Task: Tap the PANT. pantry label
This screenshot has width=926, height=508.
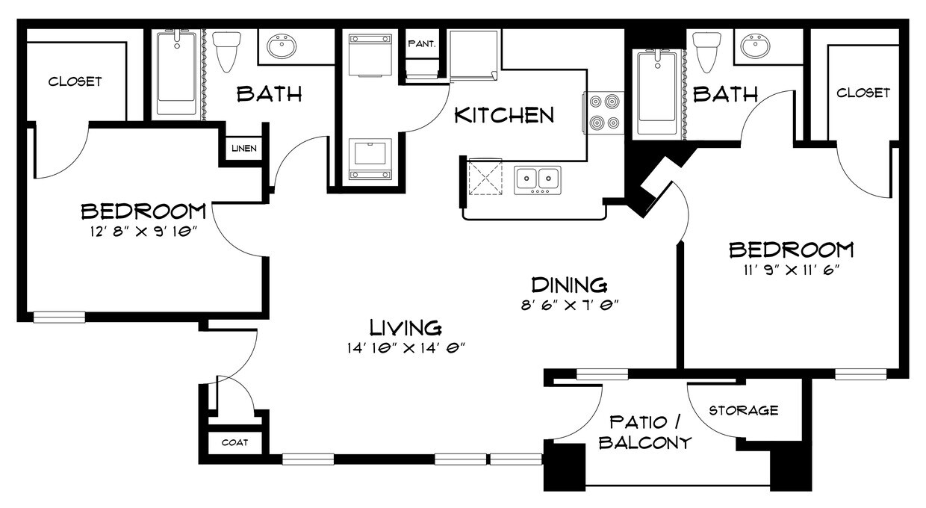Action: point(421,44)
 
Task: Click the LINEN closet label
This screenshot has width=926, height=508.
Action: point(243,149)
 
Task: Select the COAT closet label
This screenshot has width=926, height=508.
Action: point(234,442)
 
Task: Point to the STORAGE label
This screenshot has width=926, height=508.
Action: point(743,410)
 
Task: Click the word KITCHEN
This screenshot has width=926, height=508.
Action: point(505,115)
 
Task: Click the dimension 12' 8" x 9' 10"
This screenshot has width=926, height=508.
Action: point(143,231)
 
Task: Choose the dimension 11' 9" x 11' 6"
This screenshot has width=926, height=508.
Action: point(791,270)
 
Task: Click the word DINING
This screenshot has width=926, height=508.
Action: point(568,285)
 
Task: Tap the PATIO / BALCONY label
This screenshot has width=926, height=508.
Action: point(644,432)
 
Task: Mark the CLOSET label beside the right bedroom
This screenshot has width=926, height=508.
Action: point(863,93)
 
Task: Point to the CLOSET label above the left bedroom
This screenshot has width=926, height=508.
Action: point(75,81)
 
